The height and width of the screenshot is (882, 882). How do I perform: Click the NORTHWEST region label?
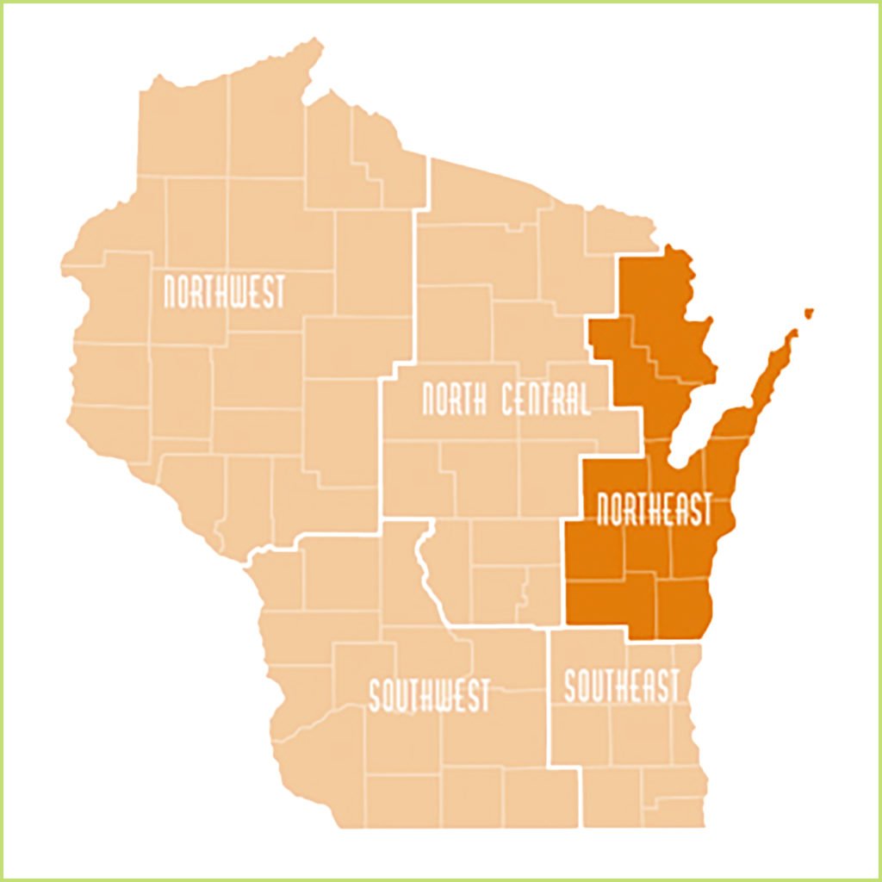pos(224,293)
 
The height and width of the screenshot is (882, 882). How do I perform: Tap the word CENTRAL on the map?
pos(542,400)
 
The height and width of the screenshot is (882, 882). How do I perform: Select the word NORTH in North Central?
pos(451,400)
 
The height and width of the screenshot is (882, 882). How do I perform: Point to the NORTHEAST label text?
pos(655,509)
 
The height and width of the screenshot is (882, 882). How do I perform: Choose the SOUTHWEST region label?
pos(429,695)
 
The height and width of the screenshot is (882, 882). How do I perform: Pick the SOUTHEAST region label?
pos(621,686)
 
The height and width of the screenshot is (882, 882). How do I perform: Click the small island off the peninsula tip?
pos(808,312)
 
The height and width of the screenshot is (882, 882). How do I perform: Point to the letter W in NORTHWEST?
pos(239,293)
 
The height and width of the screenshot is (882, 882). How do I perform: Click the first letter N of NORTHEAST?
pos(605,509)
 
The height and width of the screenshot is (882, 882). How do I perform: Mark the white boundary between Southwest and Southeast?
pos(550,698)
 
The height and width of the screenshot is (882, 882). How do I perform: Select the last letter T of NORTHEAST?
pos(705,509)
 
